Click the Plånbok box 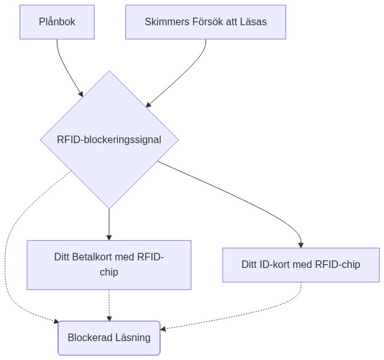coord(57,21)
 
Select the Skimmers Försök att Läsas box coord(206,21)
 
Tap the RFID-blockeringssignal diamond coord(109,139)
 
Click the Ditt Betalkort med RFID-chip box coord(109,264)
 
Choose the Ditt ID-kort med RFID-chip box coord(301,264)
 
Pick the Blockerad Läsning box coord(109,337)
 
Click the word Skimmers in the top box coord(166,21)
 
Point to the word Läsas coord(252,21)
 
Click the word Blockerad coord(90,337)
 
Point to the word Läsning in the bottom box coord(133,337)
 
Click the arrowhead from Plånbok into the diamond coord(81,94)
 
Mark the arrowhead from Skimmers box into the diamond coord(149,104)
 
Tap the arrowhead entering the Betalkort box coord(109,237)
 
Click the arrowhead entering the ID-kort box coord(301,245)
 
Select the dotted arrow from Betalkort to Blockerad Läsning coord(109,306)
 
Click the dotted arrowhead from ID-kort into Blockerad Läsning coord(163,328)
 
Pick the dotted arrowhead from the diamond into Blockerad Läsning coord(55,322)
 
